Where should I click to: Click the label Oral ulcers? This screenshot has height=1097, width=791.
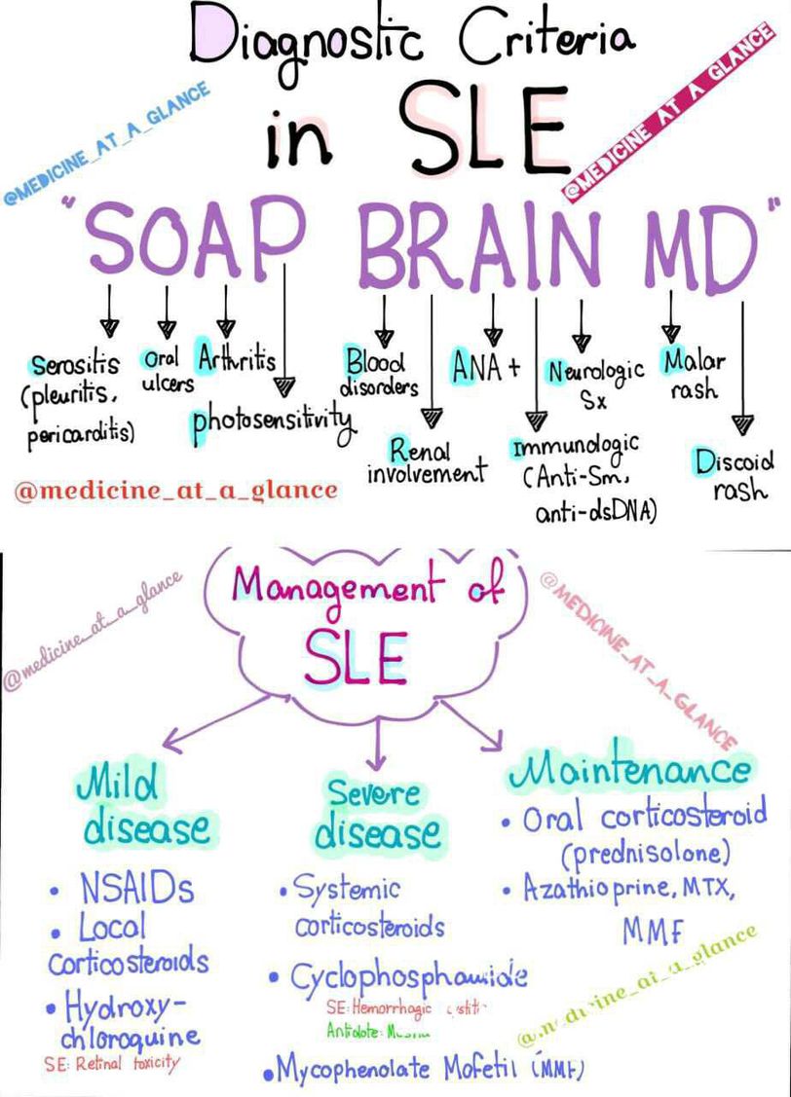point(167,371)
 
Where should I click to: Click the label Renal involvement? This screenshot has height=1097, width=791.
point(426,461)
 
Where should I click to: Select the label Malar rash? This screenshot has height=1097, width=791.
point(694,375)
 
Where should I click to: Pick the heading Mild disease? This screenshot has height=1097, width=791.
point(144,805)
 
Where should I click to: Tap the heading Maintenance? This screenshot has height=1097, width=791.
point(629,770)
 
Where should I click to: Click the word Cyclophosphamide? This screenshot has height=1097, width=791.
point(409,976)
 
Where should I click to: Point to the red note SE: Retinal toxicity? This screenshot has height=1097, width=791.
point(112,1063)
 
